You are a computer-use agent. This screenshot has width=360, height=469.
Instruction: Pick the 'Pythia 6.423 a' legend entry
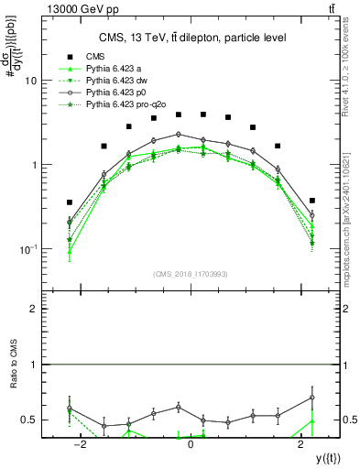(115, 69)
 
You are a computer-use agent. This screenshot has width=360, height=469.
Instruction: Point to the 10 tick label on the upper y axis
(30, 81)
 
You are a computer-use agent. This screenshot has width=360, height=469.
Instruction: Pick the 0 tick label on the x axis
(191, 444)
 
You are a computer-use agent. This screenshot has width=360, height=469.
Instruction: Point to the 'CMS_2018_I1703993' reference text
(191, 273)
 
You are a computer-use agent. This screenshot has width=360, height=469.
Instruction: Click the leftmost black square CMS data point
(70, 202)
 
